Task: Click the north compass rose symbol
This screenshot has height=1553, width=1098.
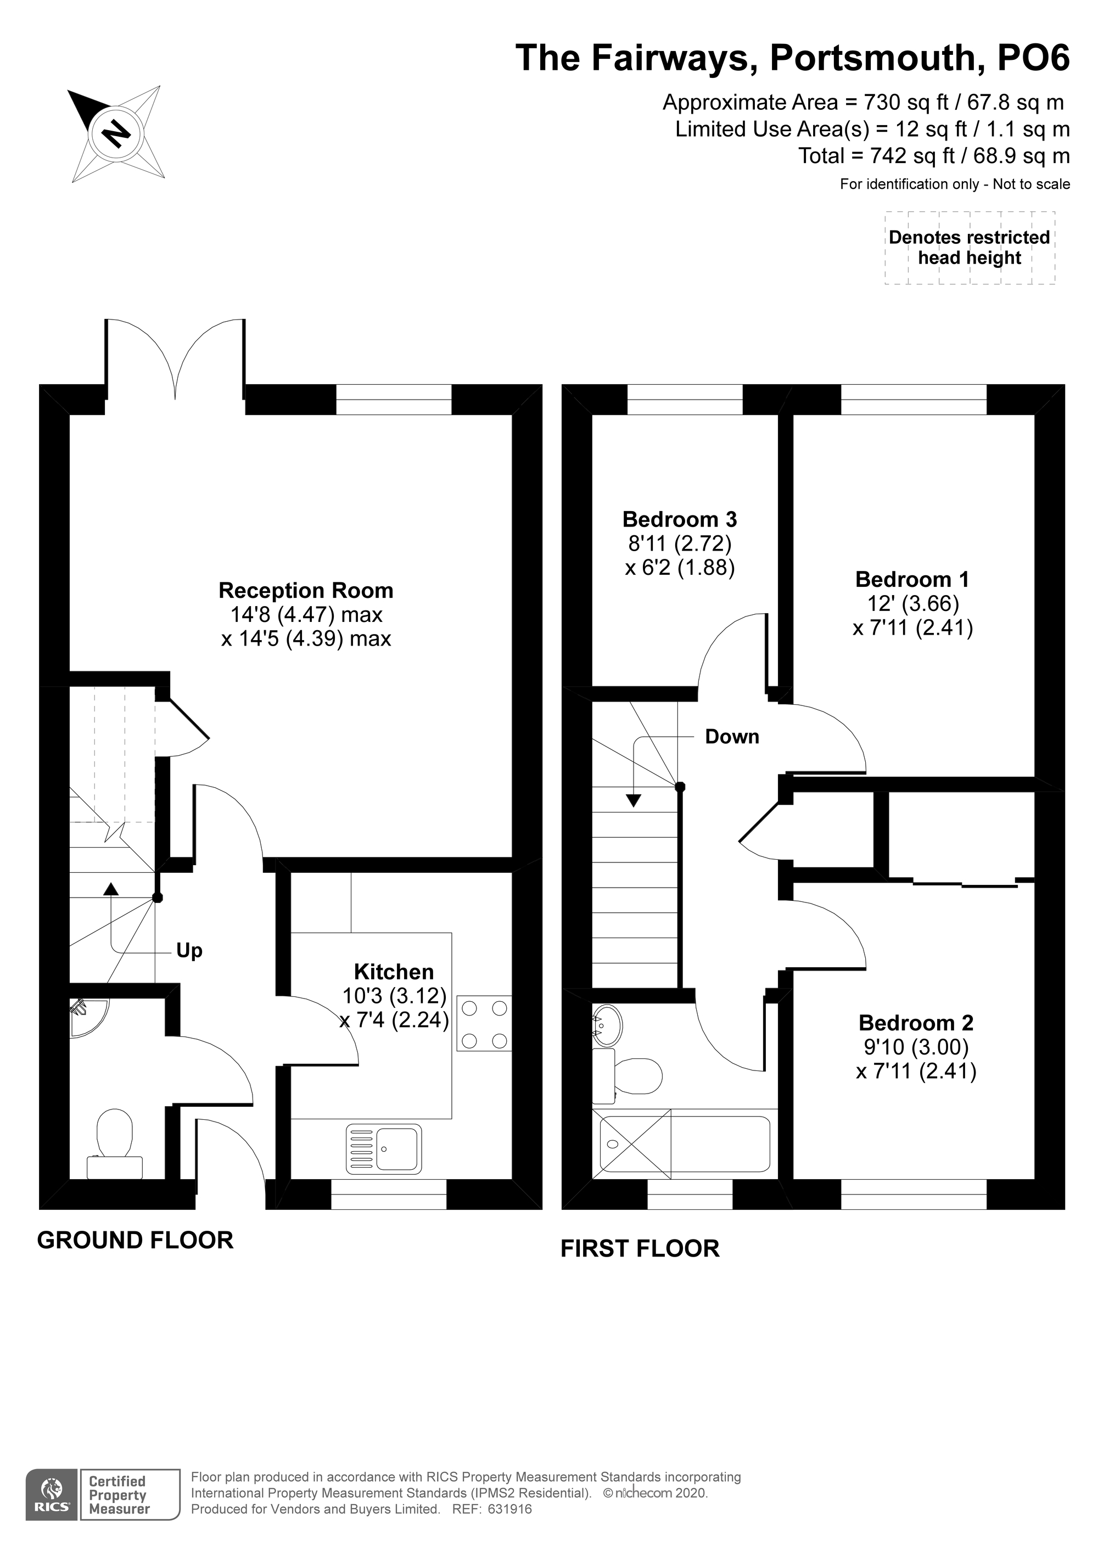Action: [116, 133]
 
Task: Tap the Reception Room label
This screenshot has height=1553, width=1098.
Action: [306, 591]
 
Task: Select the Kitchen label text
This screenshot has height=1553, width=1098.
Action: [394, 972]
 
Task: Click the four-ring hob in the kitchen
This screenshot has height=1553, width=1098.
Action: [484, 1024]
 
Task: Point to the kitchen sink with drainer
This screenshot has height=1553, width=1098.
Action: [384, 1148]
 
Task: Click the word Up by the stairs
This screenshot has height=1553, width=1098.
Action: [189, 951]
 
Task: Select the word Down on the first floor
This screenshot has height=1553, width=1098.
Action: [732, 737]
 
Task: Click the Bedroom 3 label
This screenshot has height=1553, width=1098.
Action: [679, 519]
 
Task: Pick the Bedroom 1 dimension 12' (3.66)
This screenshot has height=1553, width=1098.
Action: [912, 603]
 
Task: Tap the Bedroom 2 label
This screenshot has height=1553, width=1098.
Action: [916, 1023]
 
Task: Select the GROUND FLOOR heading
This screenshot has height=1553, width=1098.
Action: [135, 1240]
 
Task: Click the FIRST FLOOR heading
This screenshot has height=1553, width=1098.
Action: [640, 1248]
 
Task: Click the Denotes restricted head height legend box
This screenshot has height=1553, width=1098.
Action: [969, 248]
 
